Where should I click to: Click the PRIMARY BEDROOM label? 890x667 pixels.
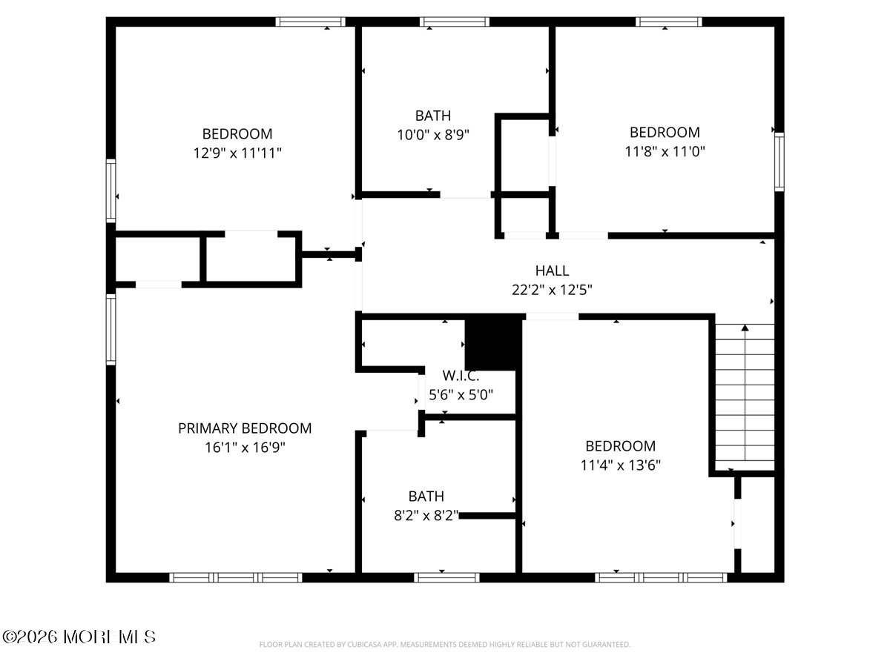point(245,428)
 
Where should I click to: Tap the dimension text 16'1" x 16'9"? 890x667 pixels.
point(245,448)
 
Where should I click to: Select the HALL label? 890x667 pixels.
point(552,271)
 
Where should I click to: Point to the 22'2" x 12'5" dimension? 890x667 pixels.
point(552,290)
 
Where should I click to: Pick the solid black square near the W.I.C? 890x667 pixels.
point(490,344)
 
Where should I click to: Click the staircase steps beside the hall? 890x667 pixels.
point(744,396)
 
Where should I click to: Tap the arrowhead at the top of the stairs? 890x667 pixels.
point(745,327)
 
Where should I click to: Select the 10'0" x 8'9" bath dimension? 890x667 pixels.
point(433,135)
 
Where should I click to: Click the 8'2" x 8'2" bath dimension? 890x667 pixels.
point(427,515)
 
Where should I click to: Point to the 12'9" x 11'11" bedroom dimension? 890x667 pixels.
point(237,153)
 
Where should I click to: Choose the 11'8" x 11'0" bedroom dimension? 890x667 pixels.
point(665,151)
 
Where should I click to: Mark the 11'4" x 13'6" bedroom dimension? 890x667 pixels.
point(620,465)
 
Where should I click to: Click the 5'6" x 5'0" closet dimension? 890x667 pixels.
point(461,395)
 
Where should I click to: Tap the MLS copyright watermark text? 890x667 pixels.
point(79,637)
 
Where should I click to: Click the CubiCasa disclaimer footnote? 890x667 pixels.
point(445,645)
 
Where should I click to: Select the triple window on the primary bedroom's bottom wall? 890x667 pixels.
point(236,577)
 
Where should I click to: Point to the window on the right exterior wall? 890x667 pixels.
point(779,161)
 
